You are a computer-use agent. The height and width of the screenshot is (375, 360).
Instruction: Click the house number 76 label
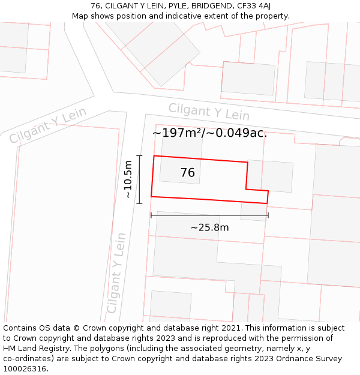[187, 173]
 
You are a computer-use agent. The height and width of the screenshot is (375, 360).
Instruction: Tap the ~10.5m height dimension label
[127, 179]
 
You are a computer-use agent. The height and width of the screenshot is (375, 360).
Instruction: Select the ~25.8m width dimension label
[209, 227]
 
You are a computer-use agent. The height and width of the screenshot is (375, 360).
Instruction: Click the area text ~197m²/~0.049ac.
[209, 133]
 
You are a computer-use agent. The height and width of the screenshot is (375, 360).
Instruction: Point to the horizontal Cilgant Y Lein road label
[208, 112]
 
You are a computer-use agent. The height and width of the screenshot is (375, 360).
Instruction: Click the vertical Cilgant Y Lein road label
[116, 274]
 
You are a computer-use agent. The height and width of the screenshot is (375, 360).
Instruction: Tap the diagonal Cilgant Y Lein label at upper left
[48, 125]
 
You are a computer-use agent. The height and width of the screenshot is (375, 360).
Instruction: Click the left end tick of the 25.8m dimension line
[151, 215]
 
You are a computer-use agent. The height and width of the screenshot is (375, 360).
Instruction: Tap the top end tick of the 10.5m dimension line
[139, 156]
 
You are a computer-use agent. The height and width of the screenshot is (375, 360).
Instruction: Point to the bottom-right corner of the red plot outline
[266, 203]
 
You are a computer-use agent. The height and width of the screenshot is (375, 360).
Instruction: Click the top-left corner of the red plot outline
[154, 156]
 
